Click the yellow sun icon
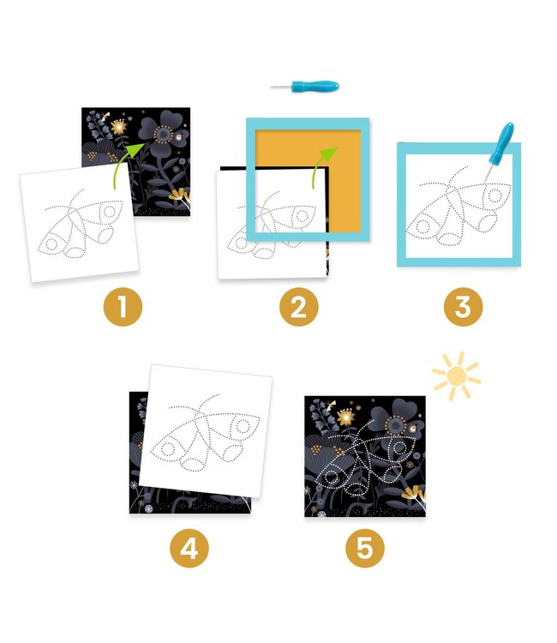(x=455, y=375)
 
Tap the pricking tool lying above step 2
(x=306, y=87)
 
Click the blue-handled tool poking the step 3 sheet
(x=499, y=147)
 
